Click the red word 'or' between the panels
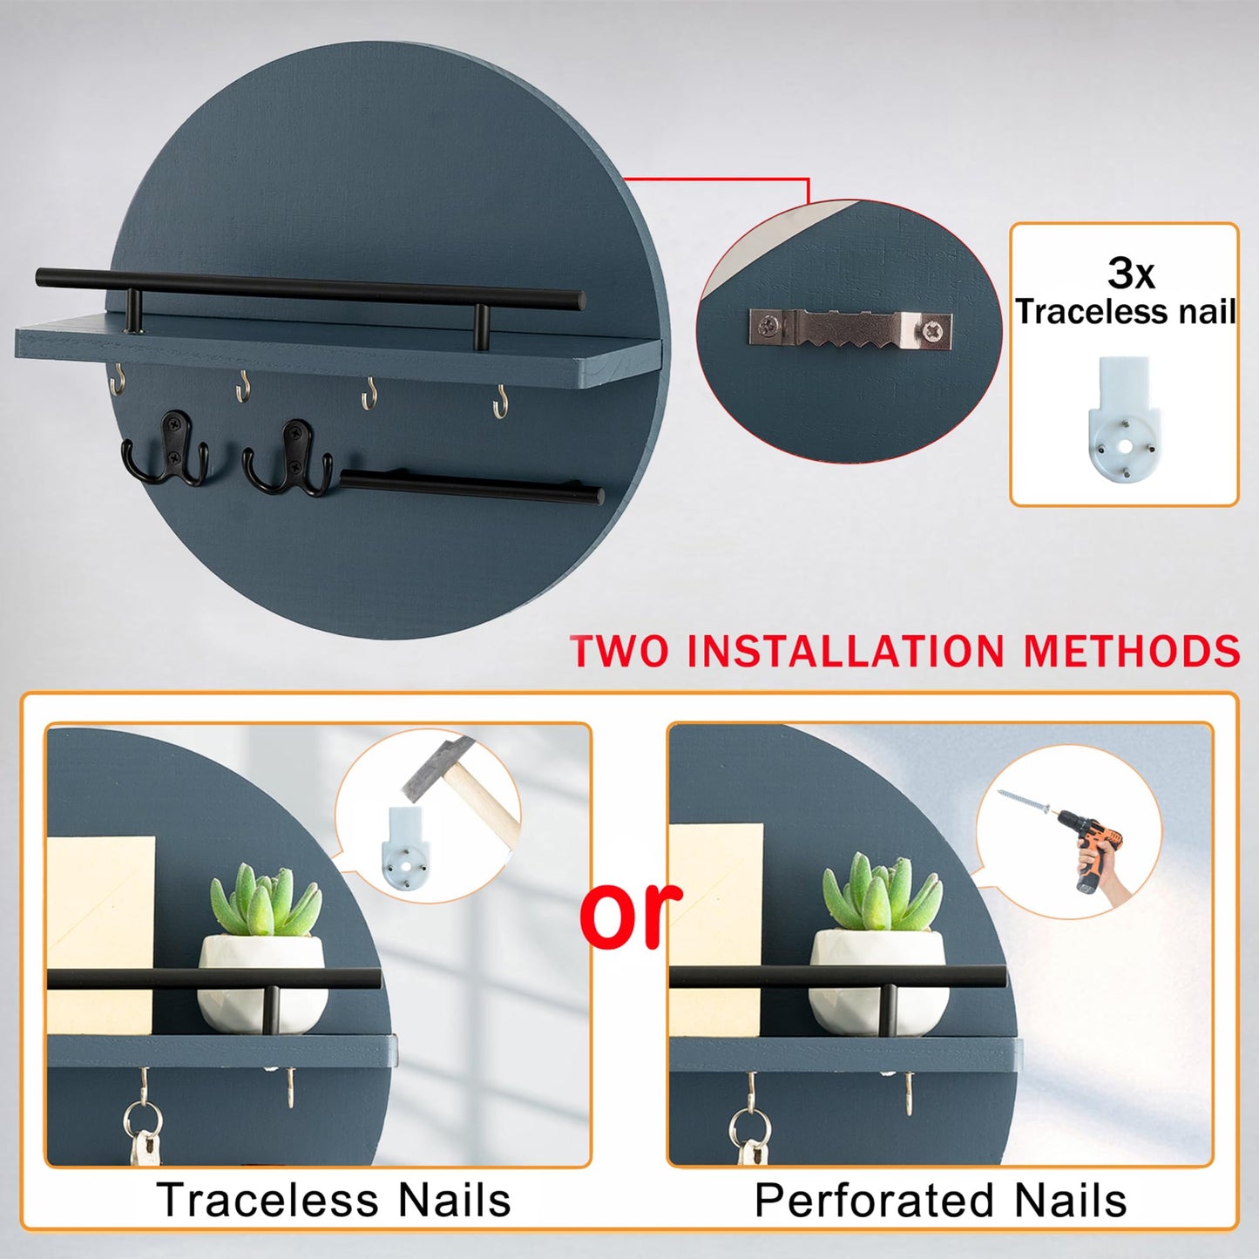coord(631,912)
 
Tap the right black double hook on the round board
coord(288,457)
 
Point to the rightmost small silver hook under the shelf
coord(500,403)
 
